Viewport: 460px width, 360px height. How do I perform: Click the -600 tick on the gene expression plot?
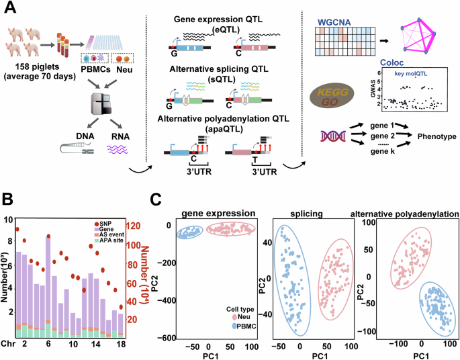[x=168, y=338]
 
